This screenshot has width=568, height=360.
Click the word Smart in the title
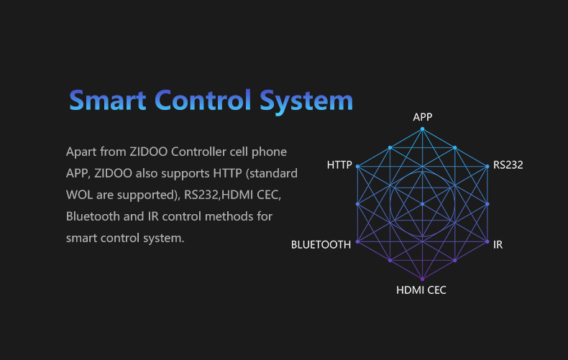tap(108, 101)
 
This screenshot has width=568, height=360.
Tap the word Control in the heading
tap(203, 100)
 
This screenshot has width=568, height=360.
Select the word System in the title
tap(306, 102)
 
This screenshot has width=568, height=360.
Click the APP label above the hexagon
tap(422, 117)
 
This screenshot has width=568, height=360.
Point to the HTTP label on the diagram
tap(339, 165)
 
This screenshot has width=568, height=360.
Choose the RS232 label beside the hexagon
tap(508, 165)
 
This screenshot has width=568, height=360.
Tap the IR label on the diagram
tap(498, 245)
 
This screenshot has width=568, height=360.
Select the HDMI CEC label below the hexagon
tap(421, 290)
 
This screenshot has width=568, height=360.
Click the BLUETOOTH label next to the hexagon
tap(321, 245)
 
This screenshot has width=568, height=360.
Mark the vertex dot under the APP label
tap(422, 129)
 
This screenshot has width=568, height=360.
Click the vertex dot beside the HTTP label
tap(357, 167)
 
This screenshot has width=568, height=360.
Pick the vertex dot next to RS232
tap(487, 167)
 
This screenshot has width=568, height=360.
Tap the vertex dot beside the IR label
tap(487, 241)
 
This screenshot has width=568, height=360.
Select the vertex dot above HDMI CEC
tap(422, 279)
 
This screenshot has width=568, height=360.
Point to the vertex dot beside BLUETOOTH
tap(357, 241)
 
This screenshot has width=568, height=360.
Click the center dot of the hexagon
tap(422, 204)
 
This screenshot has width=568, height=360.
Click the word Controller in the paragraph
tap(198, 152)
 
